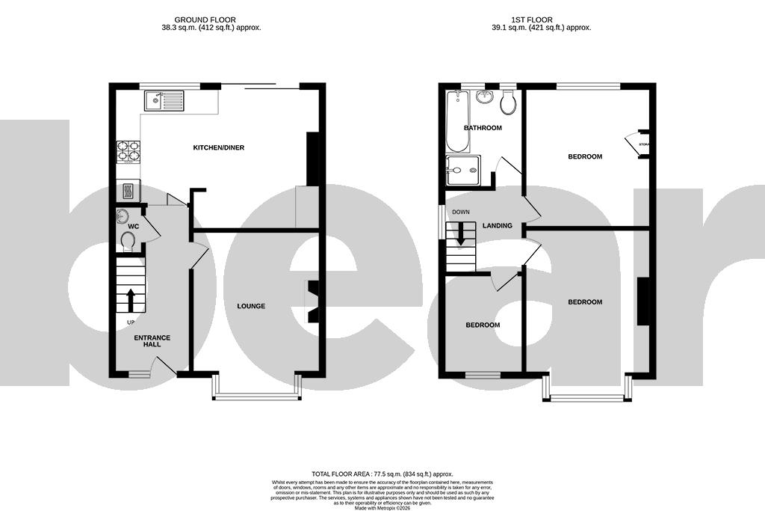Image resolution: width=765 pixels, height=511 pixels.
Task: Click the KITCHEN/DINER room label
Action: pos(219,147)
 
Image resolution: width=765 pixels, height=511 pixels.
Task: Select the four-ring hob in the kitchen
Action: pos(128,151)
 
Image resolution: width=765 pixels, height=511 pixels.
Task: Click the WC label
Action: pos(134,226)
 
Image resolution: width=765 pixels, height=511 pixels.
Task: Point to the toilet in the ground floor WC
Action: pos(127,241)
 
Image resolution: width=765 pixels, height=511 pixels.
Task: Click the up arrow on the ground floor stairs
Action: pos(131,299)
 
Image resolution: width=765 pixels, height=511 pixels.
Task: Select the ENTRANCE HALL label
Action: pos(152,341)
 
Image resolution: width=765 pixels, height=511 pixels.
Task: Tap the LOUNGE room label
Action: pos(251,306)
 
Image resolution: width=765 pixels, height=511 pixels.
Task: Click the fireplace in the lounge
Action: pos(314,301)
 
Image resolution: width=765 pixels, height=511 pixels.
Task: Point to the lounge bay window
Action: pos(256,395)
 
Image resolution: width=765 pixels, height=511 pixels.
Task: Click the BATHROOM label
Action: pos(483,128)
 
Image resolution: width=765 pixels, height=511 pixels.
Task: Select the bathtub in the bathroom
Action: pos(455,120)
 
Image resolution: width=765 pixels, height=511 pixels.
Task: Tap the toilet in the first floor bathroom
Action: pos(508,103)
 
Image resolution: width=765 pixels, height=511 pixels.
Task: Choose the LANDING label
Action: pos(498,225)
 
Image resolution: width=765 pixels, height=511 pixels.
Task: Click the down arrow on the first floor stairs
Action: pos(460,234)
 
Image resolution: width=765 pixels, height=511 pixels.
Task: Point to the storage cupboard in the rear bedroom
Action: pos(639,144)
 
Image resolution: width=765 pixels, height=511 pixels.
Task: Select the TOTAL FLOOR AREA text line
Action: pos(382,474)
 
